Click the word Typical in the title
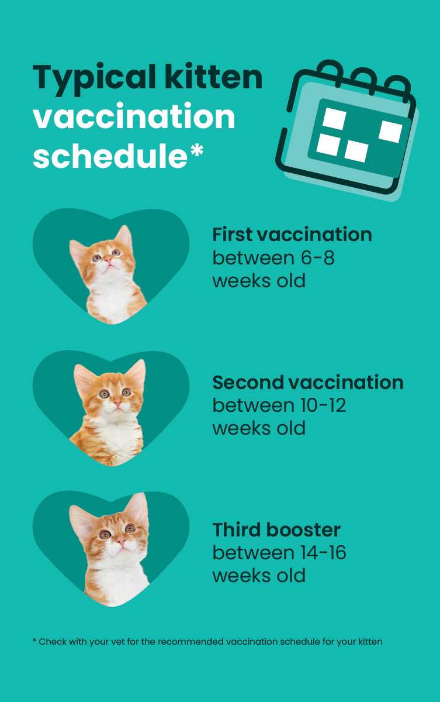[x=94, y=78]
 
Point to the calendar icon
[x=347, y=130]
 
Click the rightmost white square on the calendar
[x=390, y=131]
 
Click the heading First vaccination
[x=292, y=235]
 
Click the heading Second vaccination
[x=308, y=383]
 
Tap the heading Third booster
[x=276, y=529]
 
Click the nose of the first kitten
[x=108, y=260]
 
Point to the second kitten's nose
[x=117, y=402]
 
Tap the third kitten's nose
[x=121, y=541]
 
